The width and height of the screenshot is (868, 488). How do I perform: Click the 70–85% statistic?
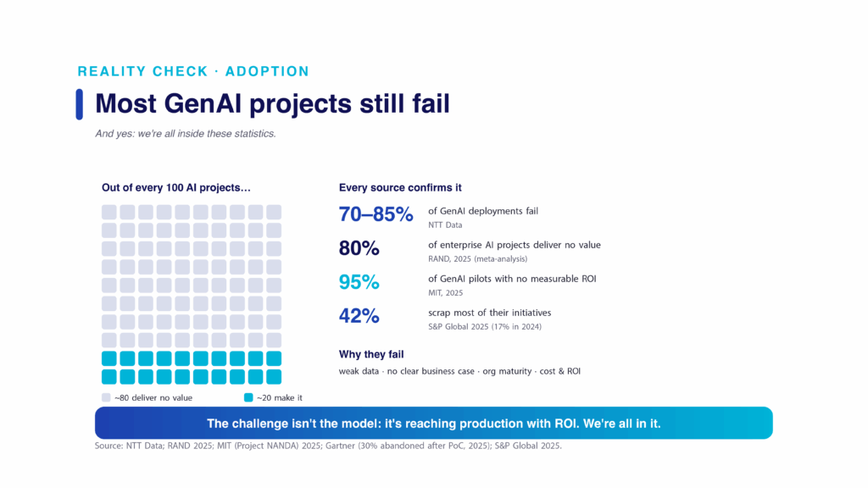376,214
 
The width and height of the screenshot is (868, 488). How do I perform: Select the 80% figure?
359,248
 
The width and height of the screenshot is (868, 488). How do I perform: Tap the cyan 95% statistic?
359,282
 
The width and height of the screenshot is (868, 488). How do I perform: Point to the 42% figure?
359,316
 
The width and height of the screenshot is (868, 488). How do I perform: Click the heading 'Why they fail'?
371,354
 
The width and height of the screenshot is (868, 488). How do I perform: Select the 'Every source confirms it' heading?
400,187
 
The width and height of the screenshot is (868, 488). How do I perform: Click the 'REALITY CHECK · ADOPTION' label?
193,71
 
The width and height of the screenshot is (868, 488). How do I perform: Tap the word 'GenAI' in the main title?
203,103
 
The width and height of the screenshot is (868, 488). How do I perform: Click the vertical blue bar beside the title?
79,104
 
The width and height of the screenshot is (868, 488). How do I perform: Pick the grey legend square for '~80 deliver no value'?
106,397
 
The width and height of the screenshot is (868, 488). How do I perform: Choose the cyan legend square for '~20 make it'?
248,397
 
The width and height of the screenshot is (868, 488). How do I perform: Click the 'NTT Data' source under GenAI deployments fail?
445,225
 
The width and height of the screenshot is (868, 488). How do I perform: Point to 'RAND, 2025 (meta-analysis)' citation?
478,259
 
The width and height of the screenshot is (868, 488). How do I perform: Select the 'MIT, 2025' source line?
446,292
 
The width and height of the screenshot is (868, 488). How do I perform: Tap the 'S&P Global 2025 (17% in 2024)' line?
485,326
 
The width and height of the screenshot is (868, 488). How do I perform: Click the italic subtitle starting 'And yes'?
186,133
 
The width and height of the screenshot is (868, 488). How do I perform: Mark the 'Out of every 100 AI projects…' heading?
176,187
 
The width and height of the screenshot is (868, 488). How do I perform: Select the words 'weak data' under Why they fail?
359,371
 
